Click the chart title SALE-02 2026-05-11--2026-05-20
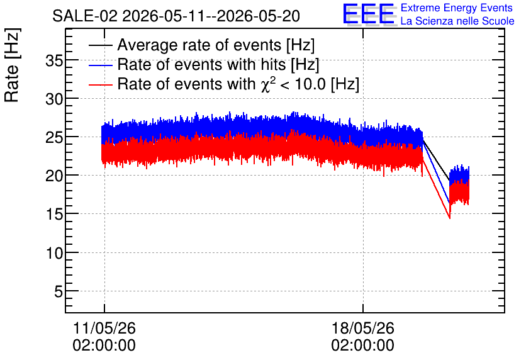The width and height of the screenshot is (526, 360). (176, 16)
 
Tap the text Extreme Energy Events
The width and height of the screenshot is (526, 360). (457, 8)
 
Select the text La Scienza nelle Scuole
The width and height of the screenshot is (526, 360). (457, 21)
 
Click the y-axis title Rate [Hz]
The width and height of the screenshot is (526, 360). (12, 65)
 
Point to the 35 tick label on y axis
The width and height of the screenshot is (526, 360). (54, 62)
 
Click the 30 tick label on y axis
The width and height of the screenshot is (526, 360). (54, 99)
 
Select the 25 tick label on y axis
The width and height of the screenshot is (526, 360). (54, 138)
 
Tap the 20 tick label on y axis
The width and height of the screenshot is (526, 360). (54, 176)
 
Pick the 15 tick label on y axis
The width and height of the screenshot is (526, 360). (54, 214)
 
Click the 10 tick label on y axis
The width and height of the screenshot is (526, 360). (54, 253)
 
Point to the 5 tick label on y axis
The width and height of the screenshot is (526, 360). (59, 291)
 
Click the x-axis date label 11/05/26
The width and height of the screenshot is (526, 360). (104, 328)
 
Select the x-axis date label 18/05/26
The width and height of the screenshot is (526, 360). (363, 328)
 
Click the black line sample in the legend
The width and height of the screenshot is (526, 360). (100, 45)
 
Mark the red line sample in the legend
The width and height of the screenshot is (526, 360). (100, 84)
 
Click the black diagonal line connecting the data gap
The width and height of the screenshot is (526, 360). (436, 160)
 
